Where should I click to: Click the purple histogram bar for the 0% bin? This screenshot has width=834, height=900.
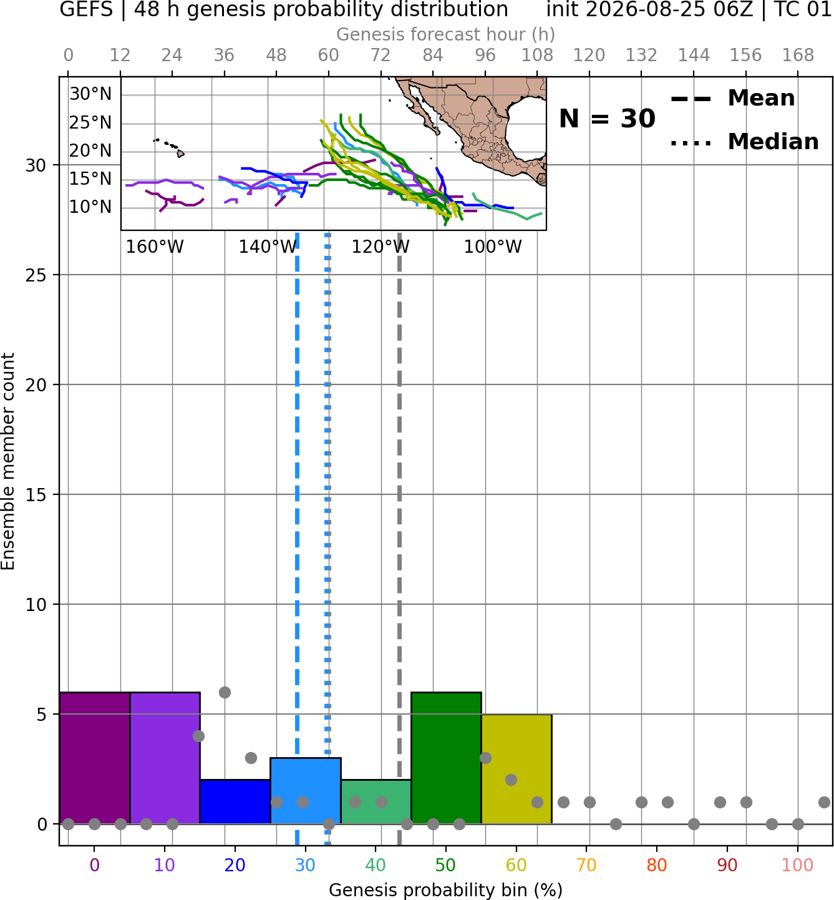(x=95, y=758)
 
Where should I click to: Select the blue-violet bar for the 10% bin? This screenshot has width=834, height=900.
(x=165, y=758)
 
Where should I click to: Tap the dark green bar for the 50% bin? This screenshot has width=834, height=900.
(x=446, y=758)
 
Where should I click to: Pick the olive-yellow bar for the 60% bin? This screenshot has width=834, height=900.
(x=516, y=769)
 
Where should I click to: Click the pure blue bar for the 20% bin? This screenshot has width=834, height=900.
(x=235, y=801)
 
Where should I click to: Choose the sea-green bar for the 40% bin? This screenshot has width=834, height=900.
(x=376, y=801)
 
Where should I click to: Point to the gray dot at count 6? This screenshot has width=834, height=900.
(x=225, y=692)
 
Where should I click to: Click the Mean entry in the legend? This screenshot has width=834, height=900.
(x=732, y=99)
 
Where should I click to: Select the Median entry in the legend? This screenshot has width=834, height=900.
(x=744, y=142)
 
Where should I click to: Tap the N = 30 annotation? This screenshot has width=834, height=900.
(x=607, y=119)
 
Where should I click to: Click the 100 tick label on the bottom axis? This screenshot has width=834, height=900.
(x=798, y=865)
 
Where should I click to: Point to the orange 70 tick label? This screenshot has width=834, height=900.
(x=586, y=865)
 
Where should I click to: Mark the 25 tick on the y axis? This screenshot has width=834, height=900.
(x=36, y=275)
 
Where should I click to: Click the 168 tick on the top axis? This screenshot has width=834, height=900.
(x=798, y=56)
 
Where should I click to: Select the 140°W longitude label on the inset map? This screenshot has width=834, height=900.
(x=268, y=247)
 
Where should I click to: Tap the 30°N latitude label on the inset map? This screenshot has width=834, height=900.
(x=90, y=94)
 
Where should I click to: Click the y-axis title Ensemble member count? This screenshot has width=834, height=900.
(x=7, y=461)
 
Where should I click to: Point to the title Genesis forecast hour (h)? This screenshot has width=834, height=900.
(x=446, y=34)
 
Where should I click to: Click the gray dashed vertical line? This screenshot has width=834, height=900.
(x=400, y=539)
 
